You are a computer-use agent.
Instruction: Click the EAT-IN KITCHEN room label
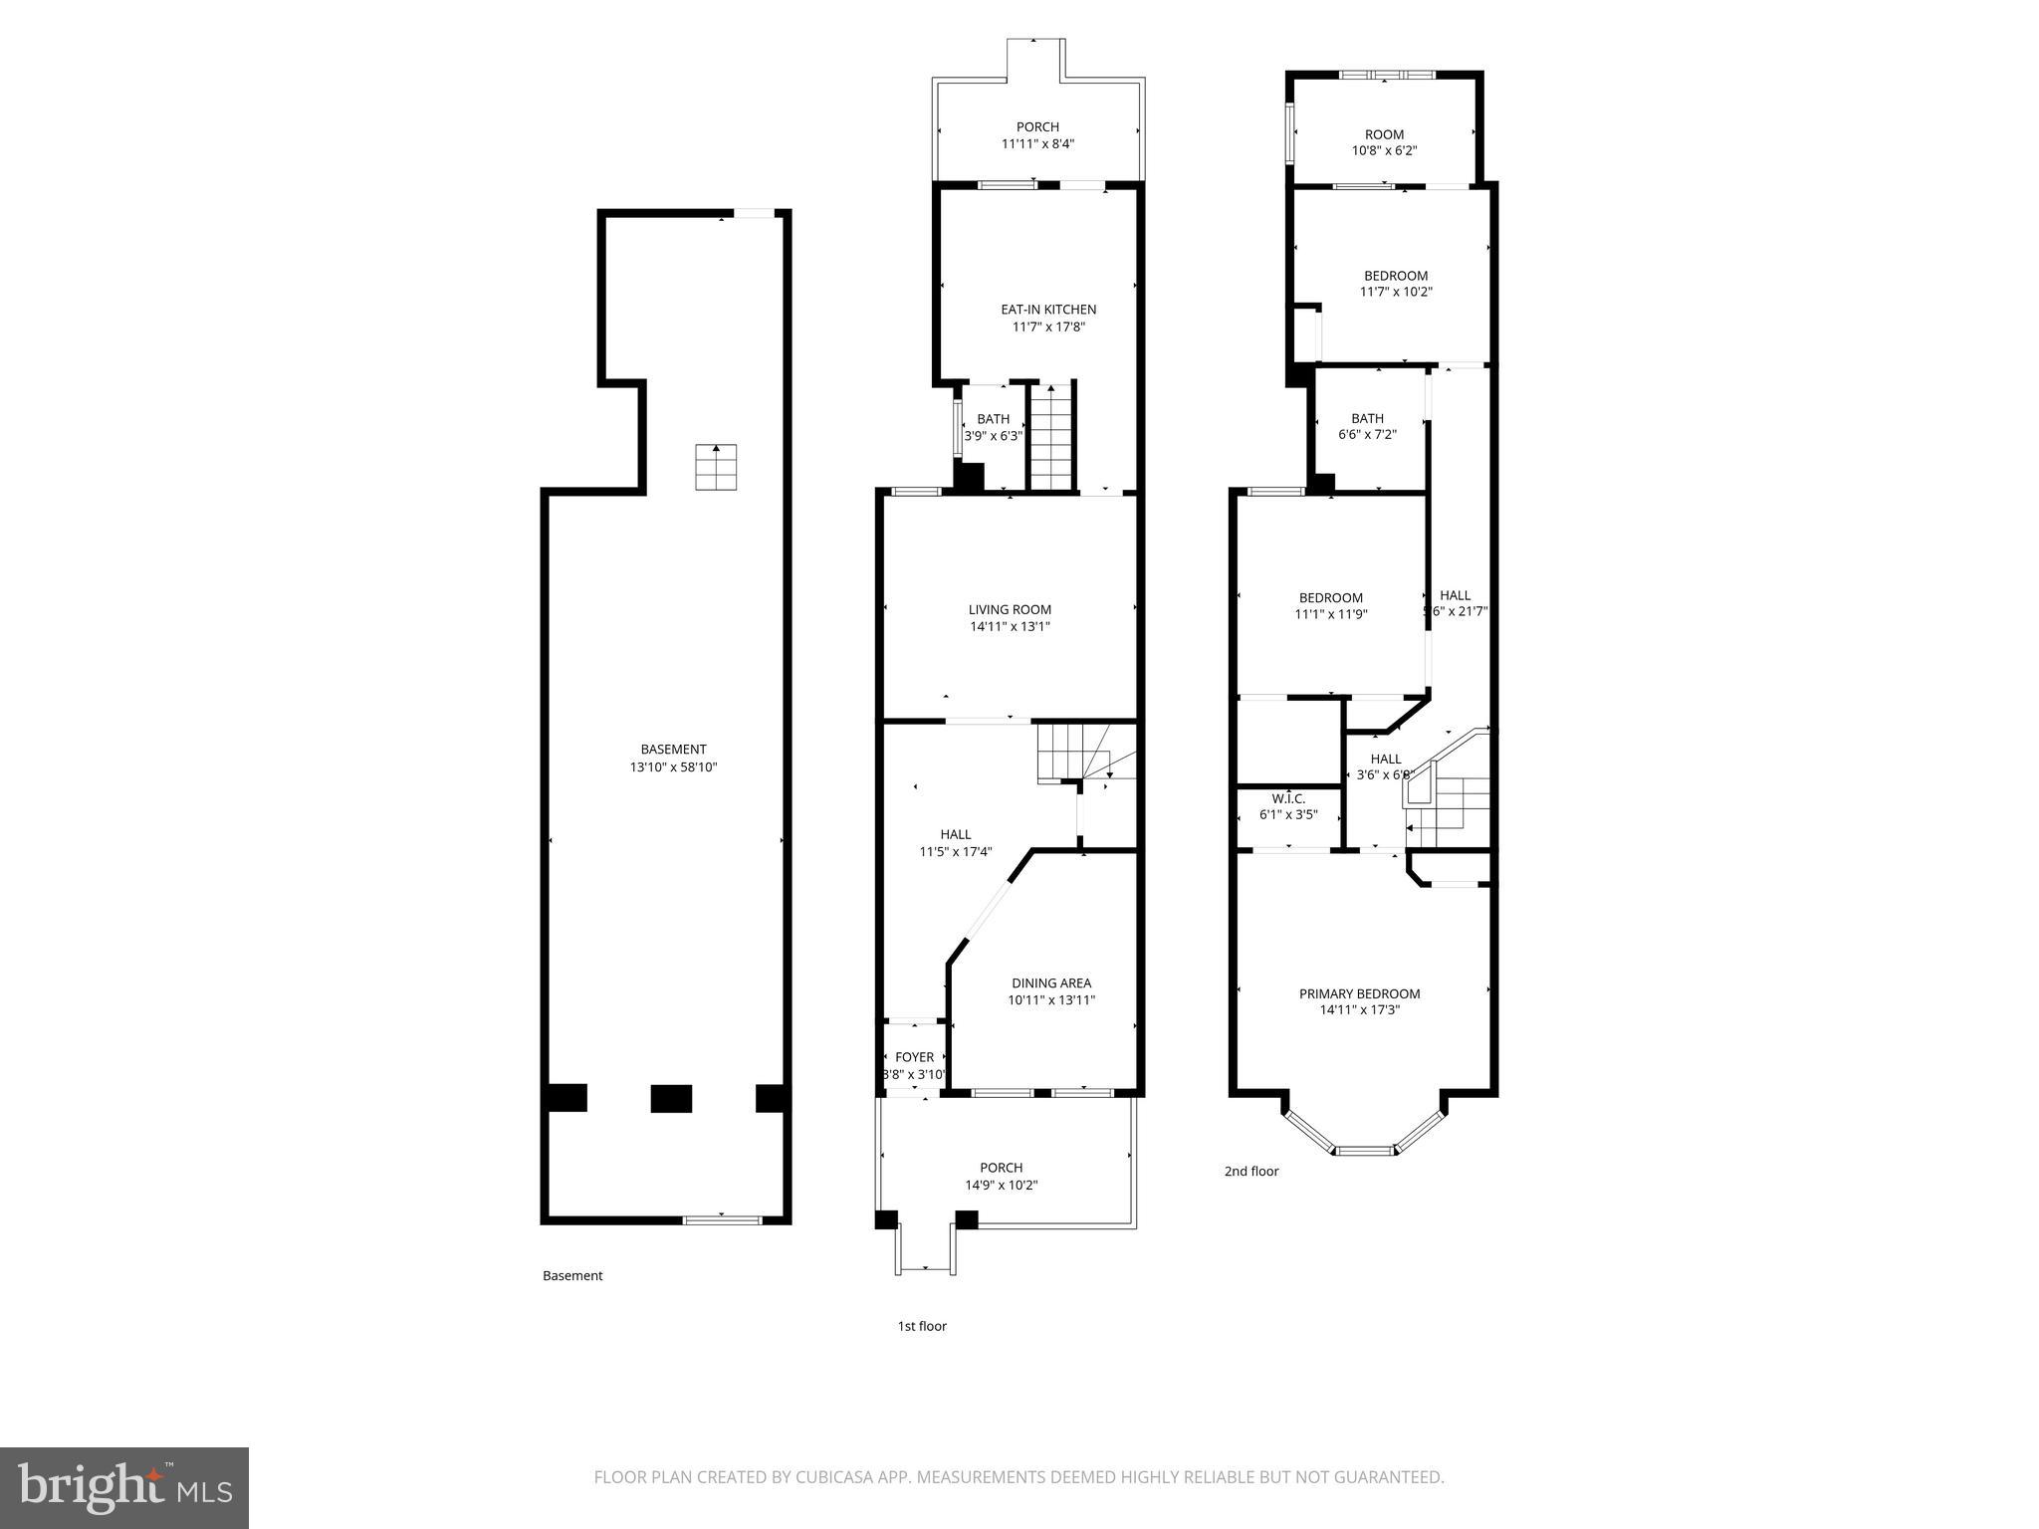pyautogui.click(x=1048, y=310)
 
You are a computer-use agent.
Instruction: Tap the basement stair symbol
pyautogui.click(x=716, y=467)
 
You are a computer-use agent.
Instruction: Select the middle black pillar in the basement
pyautogui.click(x=671, y=1098)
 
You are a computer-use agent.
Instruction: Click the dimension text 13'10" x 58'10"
pyautogui.click(x=673, y=767)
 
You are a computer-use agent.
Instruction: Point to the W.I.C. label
pyautogui.click(x=1288, y=798)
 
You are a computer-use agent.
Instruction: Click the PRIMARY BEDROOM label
pyautogui.click(x=1359, y=993)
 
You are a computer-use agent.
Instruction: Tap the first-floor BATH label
pyautogui.click(x=993, y=419)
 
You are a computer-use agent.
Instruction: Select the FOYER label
pyautogui.click(x=914, y=1057)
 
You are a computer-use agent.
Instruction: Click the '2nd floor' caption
pyautogui.click(x=1251, y=1172)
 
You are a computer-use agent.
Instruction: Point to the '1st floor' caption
pyautogui.click(x=922, y=1326)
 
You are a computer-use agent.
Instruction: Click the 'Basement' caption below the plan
pyautogui.click(x=572, y=1275)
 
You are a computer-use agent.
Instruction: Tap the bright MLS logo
pyautogui.click(x=124, y=1487)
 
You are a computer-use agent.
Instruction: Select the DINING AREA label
pyautogui.click(x=1051, y=983)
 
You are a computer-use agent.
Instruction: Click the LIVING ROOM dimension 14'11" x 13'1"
pyautogui.click(x=1010, y=626)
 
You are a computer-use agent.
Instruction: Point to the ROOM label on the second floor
pyautogui.click(x=1384, y=134)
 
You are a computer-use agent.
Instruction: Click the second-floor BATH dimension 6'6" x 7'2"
pyautogui.click(x=1367, y=435)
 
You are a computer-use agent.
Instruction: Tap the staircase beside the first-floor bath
pyautogui.click(x=1051, y=437)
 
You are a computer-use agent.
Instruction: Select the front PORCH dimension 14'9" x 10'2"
pyautogui.click(x=1001, y=1185)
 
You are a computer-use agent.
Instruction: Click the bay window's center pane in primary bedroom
pyautogui.click(x=1365, y=1151)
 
